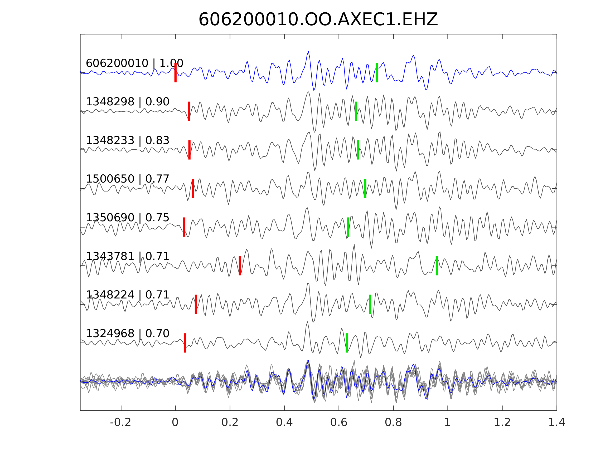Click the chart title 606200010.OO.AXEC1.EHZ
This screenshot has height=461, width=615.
click(318, 20)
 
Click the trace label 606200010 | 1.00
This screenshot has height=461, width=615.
click(134, 63)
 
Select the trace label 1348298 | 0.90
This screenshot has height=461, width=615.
click(127, 102)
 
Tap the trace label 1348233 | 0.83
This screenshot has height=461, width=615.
click(127, 141)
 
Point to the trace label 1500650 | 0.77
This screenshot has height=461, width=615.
click(127, 179)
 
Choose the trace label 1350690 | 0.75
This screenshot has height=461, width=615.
click(127, 218)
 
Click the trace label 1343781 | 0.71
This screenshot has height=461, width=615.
click(127, 256)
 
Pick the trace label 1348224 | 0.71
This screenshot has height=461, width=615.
click(127, 295)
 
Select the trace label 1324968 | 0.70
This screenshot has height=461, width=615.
click(127, 333)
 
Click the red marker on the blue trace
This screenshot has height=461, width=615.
click(176, 72)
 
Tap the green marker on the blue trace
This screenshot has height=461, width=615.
click(377, 72)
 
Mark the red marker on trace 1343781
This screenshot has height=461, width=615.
click(240, 266)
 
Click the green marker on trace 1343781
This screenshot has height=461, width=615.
click(437, 266)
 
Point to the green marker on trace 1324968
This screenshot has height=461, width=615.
click(347, 343)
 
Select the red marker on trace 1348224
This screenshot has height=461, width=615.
click(196, 304)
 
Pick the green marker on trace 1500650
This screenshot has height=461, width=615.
click(365, 188)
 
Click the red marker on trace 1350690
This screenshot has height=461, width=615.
click(184, 227)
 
